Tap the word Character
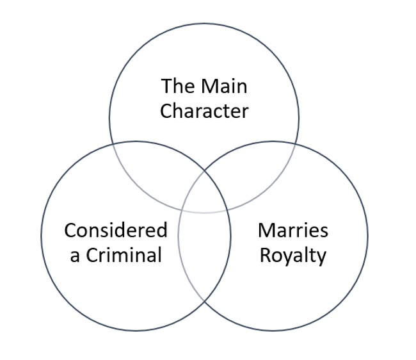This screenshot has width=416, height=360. tap(204, 111)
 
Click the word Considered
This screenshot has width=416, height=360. tap(116, 230)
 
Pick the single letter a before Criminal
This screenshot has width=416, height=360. tap(76, 256)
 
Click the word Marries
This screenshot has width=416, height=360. tap(292, 230)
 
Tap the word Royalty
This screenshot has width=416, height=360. tap(292, 256)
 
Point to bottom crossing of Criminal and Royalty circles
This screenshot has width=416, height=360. tap(204, 302)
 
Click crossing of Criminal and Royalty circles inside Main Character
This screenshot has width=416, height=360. tap(204, 170)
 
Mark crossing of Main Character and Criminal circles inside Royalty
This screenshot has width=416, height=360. tap(230, 209)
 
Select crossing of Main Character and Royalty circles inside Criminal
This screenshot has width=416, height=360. tap(179, 209)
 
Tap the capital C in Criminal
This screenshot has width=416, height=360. tap(93, 255)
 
